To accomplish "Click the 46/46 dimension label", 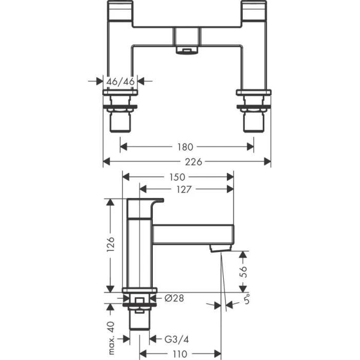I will click(x=120, y=81).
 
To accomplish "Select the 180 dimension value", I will click(x=187, y=147).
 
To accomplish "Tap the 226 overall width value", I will click(x=187, y=161).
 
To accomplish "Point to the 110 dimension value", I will click(x=179, y=354).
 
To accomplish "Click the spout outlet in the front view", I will click(x=187, y=50).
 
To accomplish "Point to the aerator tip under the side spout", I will click(x=220, y=249).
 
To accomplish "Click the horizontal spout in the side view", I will click(x=193, y=235).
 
